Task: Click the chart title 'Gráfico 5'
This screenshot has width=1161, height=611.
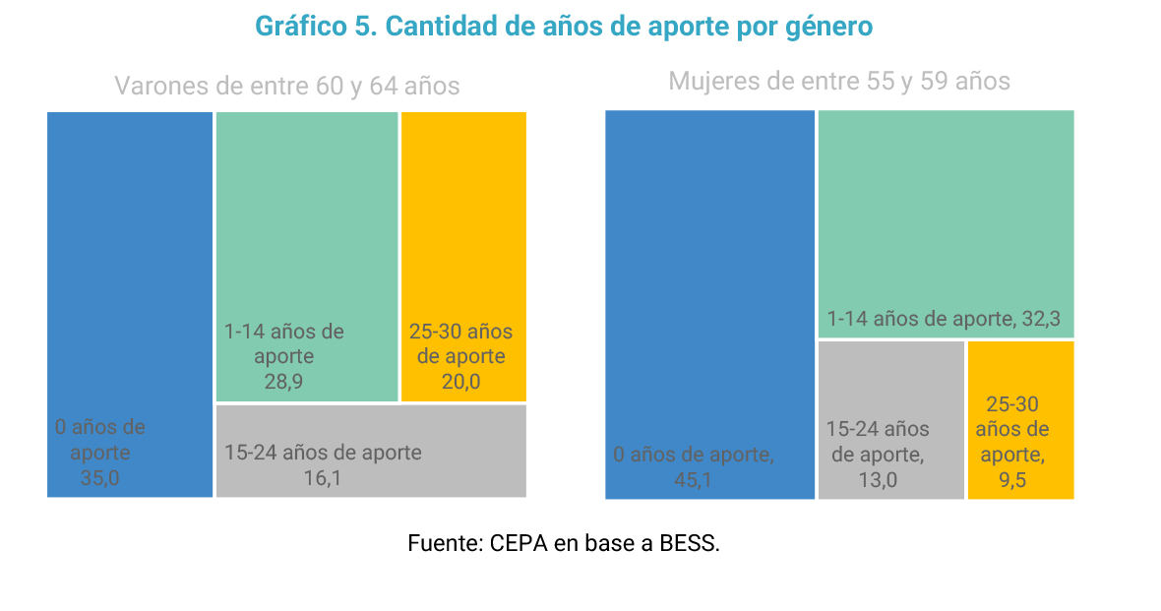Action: [x=564, y=27]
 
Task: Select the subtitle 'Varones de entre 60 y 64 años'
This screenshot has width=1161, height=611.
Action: [x=287, y=87]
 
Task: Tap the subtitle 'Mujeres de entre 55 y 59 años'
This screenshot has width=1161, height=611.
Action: [x=839, y=81]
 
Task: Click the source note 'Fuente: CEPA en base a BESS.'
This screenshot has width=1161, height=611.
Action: [x=564, y=543]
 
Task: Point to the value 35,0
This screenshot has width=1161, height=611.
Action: [x=100, y=479]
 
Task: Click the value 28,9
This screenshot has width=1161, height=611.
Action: [x=283, y=382]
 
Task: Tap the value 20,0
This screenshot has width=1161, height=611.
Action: [x=460, y=382]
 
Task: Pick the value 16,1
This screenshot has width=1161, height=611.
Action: [x=323, y=479]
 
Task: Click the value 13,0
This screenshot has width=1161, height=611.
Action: [x=878, y=480]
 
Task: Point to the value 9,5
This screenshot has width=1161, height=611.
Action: [x=1011, y=480]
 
